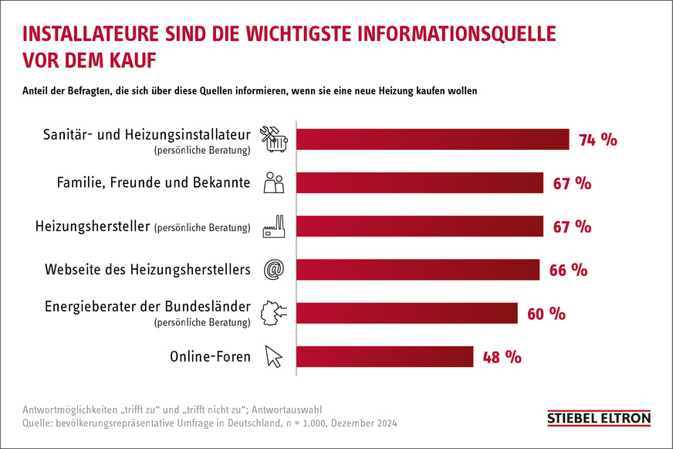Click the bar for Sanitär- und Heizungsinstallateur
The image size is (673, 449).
432,139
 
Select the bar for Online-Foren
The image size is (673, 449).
384,356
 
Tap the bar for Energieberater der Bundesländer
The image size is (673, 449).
407,313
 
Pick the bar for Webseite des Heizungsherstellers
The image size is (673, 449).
418,270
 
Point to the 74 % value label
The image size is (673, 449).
598,140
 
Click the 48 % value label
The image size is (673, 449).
502,357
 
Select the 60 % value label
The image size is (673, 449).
546,314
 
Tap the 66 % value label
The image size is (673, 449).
568,270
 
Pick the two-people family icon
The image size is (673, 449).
274,183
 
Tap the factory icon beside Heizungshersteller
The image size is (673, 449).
274,226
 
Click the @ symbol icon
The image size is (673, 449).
274,270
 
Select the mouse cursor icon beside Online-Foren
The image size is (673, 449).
274,356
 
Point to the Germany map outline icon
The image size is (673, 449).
274,313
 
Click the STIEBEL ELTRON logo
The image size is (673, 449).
599,418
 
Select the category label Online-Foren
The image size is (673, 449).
210,356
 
